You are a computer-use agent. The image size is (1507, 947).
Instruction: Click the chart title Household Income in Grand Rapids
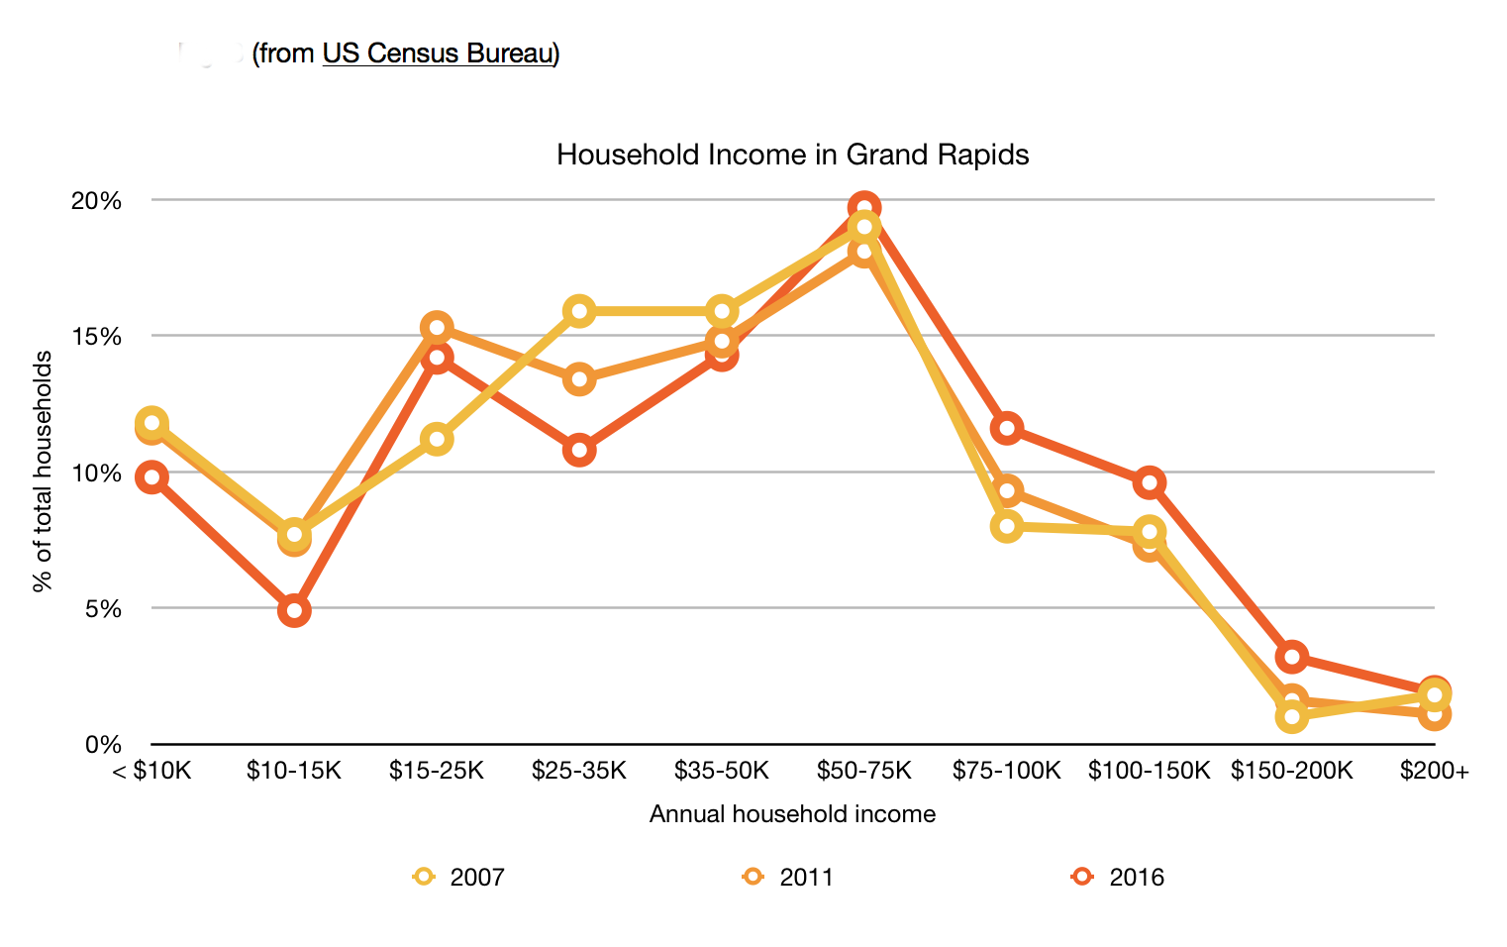coord(792,156)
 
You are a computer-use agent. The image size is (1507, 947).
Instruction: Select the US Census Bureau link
coord(437,53)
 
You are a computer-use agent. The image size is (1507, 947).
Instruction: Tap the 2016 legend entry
coord(1119,877)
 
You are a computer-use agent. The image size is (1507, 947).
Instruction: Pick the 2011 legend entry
coord(789,877)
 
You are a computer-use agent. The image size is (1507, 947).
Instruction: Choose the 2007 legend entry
coord(459,877)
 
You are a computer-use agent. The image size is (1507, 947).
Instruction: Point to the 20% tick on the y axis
coord(96,201)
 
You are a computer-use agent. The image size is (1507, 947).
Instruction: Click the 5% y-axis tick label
coord(103,608)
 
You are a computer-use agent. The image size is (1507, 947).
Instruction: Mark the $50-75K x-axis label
coord(863,771)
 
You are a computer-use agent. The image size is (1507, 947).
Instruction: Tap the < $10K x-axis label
coord(151,771)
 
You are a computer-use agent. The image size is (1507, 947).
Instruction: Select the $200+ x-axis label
coord(1434,771)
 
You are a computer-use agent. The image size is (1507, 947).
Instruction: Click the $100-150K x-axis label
coord(1149,771)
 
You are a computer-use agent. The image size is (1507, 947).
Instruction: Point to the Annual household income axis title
coord(792,814)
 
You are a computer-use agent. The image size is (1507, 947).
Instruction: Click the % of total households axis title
coord(43,472)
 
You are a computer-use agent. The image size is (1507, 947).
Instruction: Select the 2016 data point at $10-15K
coord(294,610)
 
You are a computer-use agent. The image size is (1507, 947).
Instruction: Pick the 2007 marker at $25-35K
coord(579,312)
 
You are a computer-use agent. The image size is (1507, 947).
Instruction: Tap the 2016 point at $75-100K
coord(1007,428)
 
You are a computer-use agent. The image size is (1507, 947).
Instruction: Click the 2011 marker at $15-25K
coord(437,328)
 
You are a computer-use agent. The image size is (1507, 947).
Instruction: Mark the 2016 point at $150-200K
coord(1291,656)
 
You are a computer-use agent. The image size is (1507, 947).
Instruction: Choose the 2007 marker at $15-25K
coord(437,439)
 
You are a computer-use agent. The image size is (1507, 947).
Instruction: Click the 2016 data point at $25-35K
coord(579,450)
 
